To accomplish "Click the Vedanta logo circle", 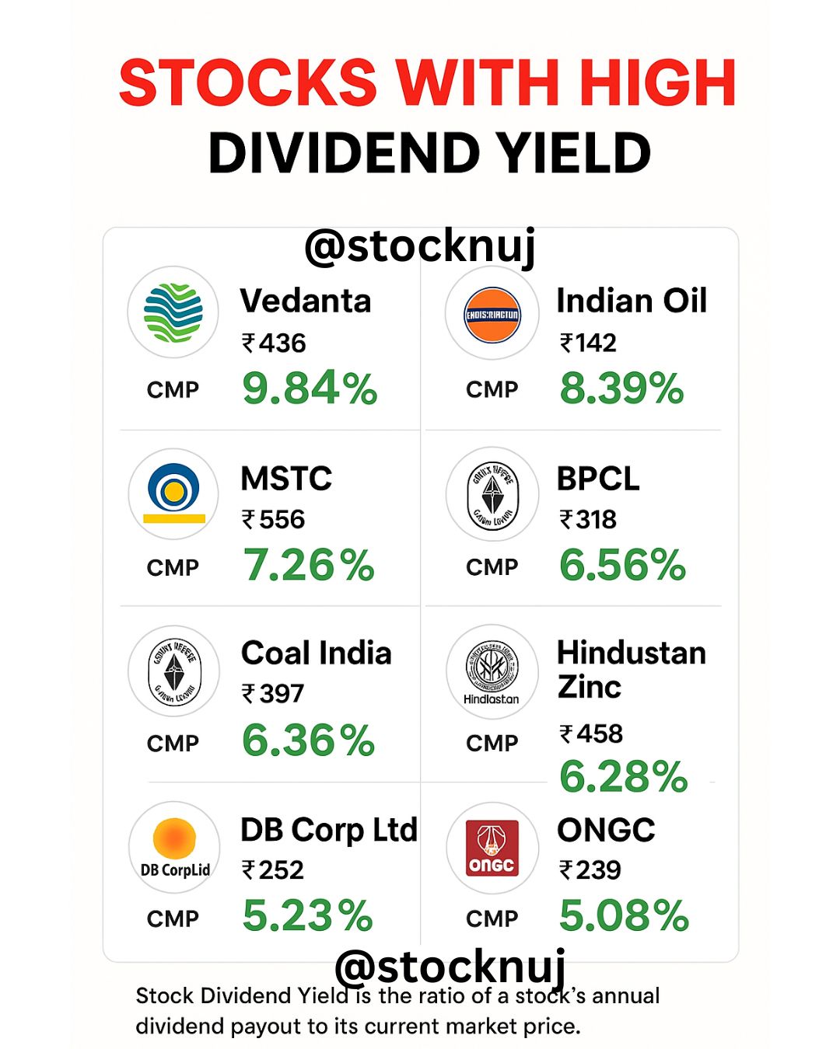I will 173,312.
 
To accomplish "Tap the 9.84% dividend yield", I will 310,388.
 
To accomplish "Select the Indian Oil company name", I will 631,301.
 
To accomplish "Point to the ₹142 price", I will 588,343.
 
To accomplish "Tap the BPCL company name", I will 598,479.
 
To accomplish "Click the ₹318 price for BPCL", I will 588,519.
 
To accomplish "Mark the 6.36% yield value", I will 309,740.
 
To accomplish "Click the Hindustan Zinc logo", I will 492,671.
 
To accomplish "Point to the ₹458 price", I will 591,734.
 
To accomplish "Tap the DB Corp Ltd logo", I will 174,848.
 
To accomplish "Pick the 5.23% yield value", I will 308,915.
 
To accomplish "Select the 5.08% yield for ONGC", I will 624,915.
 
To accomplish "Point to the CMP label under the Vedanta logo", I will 173,389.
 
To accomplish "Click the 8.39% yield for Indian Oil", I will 621,388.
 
